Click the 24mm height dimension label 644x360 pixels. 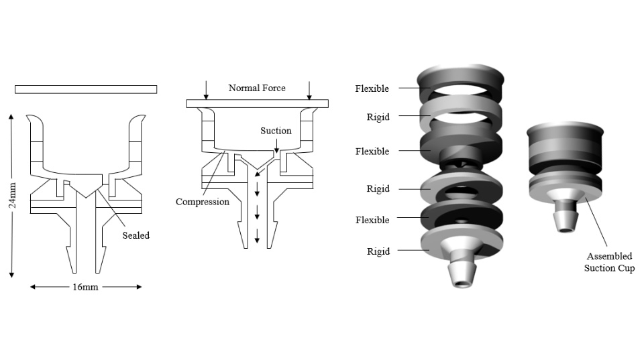[12, 195]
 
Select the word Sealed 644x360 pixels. [136, 235]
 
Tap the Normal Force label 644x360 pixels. [257, 88]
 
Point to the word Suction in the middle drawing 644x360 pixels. [276, 131]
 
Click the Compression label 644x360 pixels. [203, 202]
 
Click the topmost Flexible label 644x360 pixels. [372, 88]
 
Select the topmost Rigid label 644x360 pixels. [378, 117]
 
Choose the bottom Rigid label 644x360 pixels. [378, 251]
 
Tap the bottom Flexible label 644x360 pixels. [372, 220]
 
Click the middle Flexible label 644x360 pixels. [372, 152]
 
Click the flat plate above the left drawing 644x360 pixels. [86, 89]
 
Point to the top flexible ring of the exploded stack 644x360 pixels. [462, 79]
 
